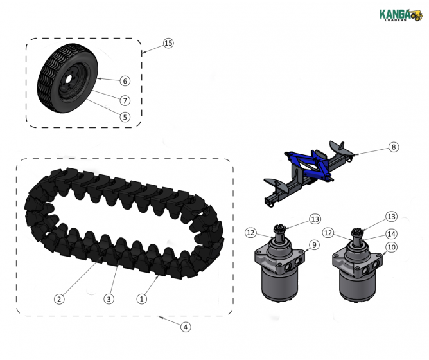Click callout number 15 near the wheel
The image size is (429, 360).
pos(168,43)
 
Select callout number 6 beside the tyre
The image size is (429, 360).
pos(125,81)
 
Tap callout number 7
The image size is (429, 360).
pos(125,100)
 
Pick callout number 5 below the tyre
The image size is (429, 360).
pos(125,117)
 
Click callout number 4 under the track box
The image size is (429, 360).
pos(185,327)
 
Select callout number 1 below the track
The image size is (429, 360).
pos(143,299)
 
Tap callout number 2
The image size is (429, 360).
pos(59,299)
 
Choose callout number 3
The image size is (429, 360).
pos(109,299)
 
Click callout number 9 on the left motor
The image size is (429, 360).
pos(314,245)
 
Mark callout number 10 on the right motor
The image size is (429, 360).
pos(391,248)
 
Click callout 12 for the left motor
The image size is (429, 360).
pos(250,232)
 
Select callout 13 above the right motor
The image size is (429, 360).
pos(391,216)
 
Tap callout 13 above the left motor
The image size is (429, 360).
pos(314,219)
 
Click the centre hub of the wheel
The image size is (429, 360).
pos(66,83)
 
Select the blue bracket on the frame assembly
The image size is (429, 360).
pos(312,165)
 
